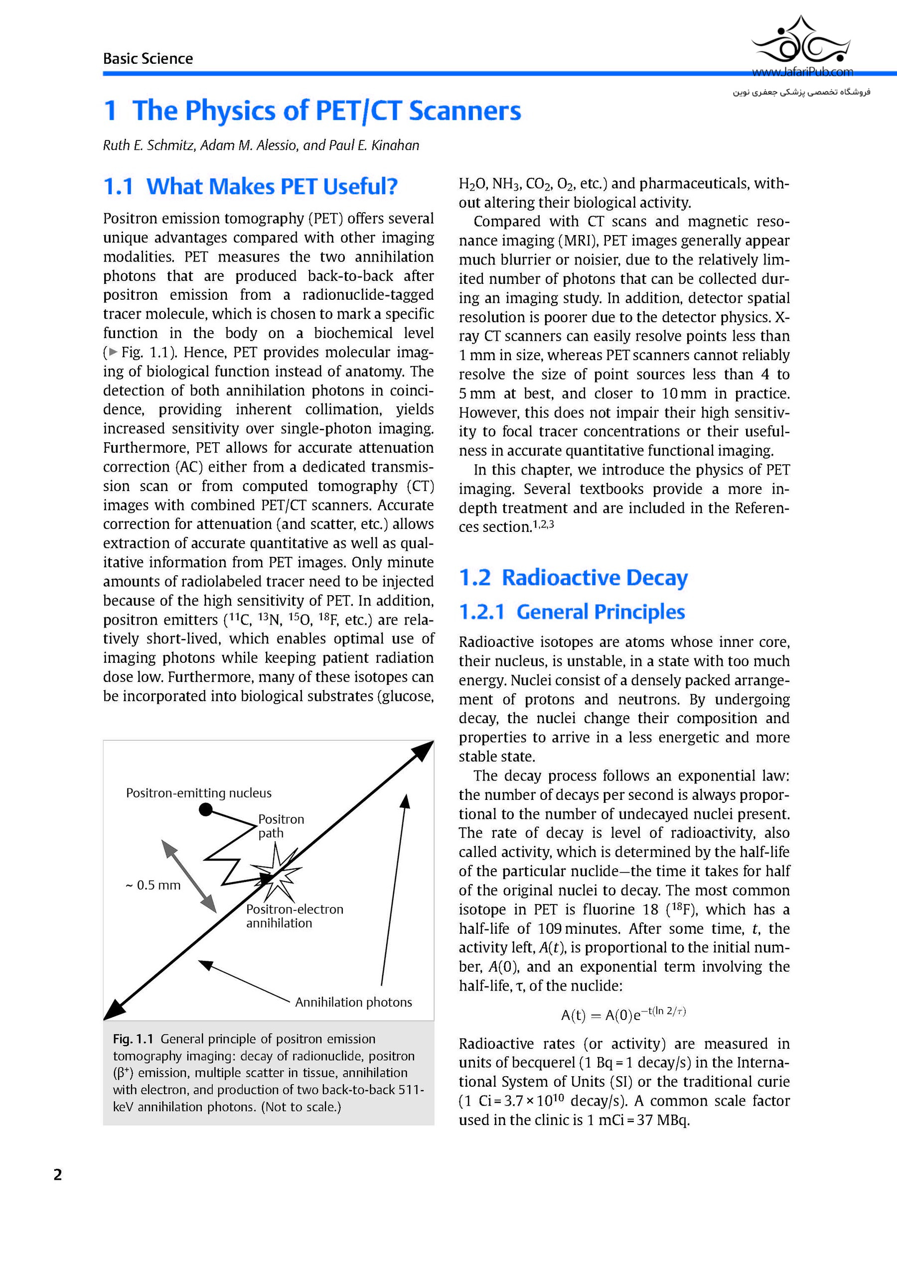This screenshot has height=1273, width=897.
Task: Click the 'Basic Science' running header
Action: [148, 59]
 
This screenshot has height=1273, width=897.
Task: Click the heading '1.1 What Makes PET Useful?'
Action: [250, 187]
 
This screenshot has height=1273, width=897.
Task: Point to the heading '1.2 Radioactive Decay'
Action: [573, 578]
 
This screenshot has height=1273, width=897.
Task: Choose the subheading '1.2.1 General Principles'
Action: [572, 612]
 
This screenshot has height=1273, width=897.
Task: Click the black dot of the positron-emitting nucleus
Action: [206, 810]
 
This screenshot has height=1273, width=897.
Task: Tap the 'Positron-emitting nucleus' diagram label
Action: [199, 793]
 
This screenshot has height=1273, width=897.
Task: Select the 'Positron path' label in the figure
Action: [281, 826]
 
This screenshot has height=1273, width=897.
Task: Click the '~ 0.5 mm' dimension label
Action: [153, 885]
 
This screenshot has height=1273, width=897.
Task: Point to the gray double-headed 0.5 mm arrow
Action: [188, 876]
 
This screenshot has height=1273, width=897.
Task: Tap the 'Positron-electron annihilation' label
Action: [294, 916]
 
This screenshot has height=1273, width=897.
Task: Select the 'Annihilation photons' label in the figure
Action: [353, 1002]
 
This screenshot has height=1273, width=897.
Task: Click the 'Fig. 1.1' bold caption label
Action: [133, 1038]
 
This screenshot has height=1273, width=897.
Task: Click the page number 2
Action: [58, 1174]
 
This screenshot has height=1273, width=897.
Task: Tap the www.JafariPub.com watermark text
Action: [802, 72]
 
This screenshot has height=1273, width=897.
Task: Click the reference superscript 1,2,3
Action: [543, 523]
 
